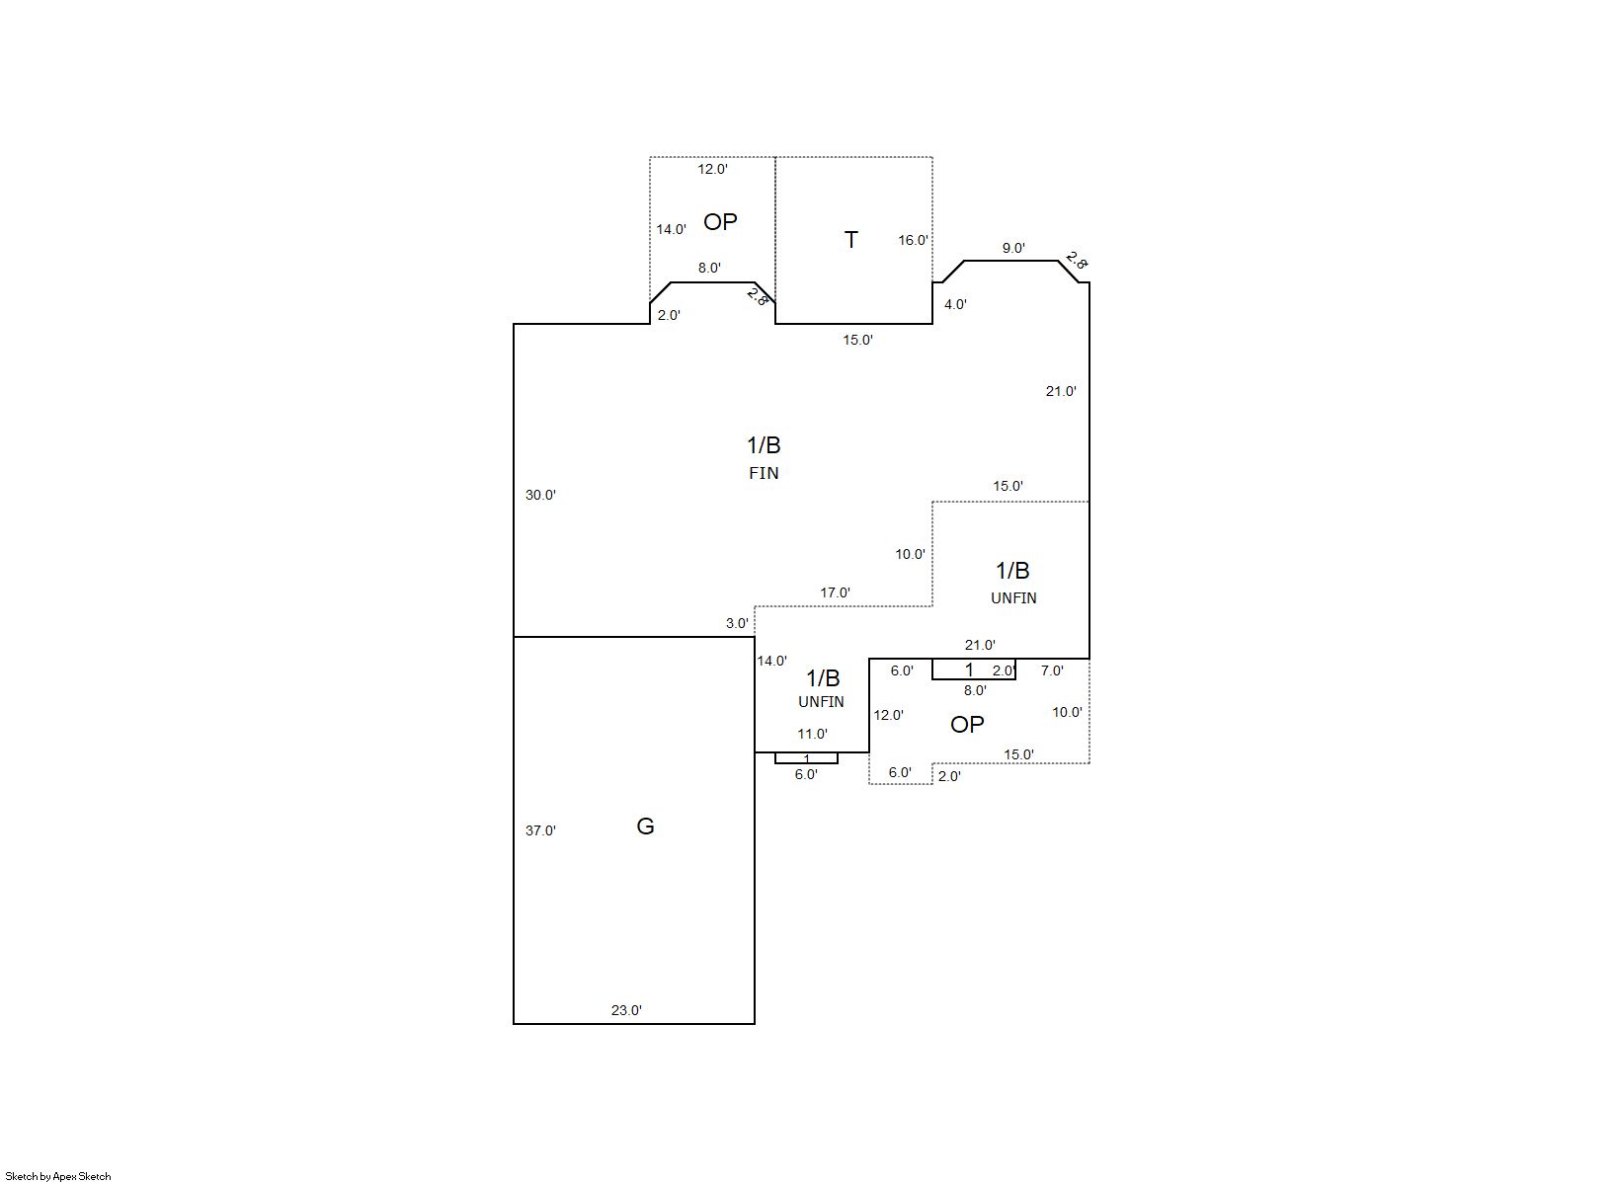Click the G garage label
(645, 826)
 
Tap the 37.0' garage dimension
(540, 830)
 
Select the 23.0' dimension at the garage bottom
(626, 1010)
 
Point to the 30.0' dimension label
(540, 495)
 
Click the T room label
(850, 240)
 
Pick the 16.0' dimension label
(914, 240)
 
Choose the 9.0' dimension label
(1013, 248)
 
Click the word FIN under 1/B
(764, 473)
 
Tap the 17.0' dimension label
(835, 592)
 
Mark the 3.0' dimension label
(737, 624)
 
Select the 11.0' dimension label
(812, 734)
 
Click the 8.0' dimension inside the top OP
(709, 268)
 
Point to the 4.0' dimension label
(955, 304)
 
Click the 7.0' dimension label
(1052, 670)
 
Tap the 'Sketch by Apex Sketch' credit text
(58, 1176)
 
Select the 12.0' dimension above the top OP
(712, 169)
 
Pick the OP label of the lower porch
(966, 725)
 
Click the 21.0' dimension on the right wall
(1061, 391)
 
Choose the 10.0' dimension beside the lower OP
(1067, 712)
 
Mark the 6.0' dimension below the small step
(806, 775)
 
